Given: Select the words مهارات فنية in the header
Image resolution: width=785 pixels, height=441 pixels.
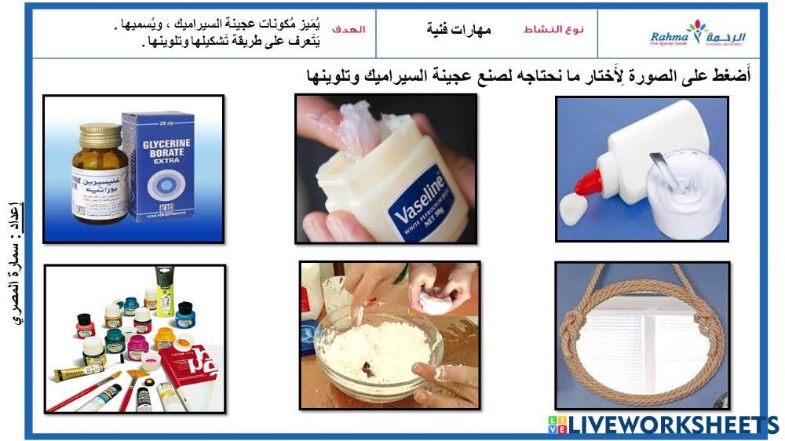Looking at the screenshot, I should [x=459, y=30].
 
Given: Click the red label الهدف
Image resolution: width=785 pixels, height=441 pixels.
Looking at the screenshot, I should [x=349, y=29].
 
